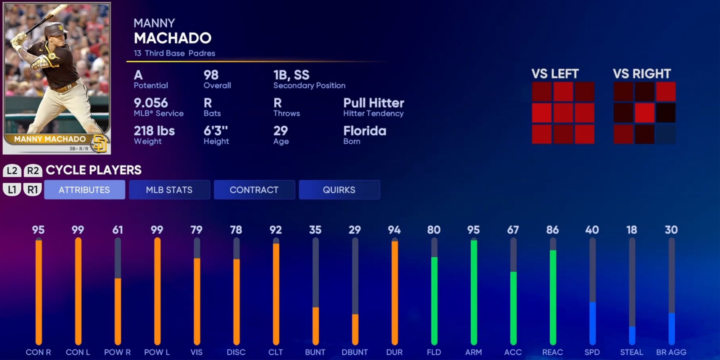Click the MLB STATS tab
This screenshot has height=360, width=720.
click(169, 190)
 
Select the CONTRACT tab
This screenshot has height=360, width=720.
click(254, 190)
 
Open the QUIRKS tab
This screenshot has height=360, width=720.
click(339, 190)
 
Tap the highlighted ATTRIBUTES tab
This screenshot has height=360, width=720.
click(84, 190)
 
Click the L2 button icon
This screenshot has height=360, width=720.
click(12, 171)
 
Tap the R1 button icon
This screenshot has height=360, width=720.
click(33, 189)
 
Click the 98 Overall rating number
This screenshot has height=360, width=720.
click(211, 75)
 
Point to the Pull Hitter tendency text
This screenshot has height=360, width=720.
click(373, 103)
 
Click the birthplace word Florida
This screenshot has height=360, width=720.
click(364, 131)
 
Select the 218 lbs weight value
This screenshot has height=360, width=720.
click(154, 131)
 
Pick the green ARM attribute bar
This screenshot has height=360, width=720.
click(474, 292)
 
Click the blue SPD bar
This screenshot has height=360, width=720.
click(592, 323)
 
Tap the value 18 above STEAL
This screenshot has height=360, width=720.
click(631, 230)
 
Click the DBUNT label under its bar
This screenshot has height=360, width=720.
click(355, 352)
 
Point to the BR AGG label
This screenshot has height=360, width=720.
click(671, 352)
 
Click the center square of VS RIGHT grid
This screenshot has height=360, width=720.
click(644, 113)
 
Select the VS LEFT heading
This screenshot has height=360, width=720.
click(555, 74)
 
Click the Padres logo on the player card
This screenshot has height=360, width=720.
click(100, 143)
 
